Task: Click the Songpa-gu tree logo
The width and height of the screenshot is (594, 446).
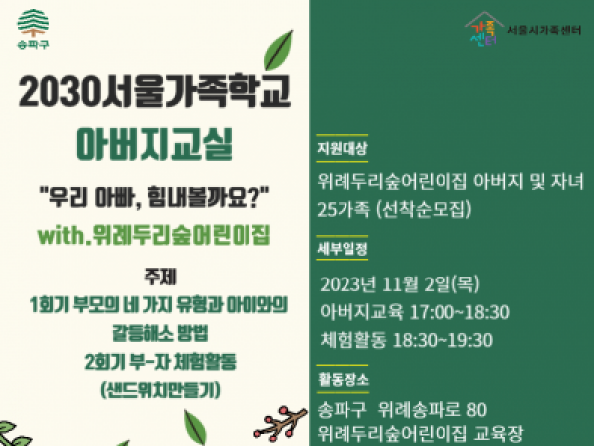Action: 34,29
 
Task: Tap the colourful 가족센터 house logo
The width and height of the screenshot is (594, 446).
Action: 484,29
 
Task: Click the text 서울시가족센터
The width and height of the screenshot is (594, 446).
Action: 544,30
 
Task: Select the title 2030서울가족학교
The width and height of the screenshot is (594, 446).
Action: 154,91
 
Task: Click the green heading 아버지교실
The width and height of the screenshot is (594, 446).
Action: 154,144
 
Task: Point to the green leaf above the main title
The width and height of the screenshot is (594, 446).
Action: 279,51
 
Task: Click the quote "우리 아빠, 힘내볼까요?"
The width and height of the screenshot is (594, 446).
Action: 154,197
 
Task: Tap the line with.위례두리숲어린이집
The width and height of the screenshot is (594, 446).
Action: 153,235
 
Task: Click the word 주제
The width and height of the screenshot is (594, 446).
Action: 159,277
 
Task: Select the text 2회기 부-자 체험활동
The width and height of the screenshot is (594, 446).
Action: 159,362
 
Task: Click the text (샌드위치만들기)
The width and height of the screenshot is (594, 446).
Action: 159,390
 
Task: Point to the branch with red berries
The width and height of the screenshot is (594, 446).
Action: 280,424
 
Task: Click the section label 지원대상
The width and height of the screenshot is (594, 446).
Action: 343,148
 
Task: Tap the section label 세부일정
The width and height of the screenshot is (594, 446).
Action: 343,249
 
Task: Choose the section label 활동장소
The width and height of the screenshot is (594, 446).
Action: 343,379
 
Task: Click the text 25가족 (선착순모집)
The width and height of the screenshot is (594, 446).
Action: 394,209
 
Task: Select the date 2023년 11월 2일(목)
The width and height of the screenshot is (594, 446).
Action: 400,284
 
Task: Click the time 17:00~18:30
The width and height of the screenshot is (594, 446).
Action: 459,312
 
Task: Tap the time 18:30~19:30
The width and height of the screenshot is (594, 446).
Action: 443,340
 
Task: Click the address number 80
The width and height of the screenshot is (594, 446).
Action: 477,409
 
